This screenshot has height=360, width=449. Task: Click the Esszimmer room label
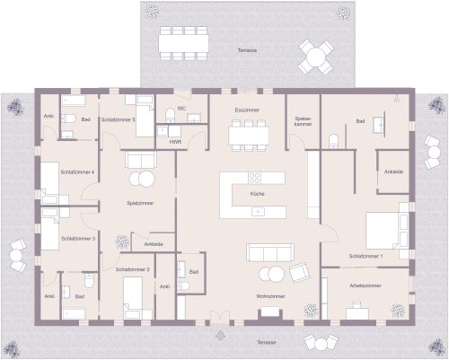pos(247,110)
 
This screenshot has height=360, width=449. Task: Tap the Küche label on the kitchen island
pos(257,193)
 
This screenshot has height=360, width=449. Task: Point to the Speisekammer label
pos(304,121)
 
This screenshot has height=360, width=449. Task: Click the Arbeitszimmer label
pos(365,285)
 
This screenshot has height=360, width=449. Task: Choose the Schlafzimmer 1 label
pos(366,257)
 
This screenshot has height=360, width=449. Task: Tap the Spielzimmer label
pos(140,203)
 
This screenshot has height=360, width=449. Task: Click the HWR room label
pos(175,142)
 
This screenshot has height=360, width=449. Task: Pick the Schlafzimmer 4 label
pos(78,171)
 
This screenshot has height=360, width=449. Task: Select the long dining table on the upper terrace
pos(183,41)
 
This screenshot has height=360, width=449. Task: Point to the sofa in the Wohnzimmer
pos(267,252)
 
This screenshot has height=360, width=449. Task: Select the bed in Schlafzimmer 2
pos(135,295)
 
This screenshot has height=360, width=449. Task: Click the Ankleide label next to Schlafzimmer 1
pos(393,171)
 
